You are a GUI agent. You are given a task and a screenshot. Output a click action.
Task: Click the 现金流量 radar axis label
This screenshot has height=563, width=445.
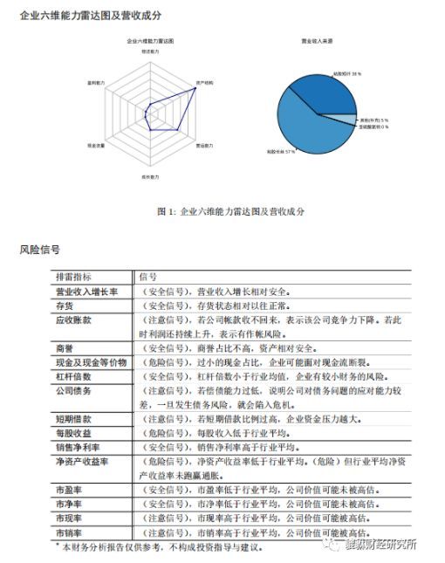pyautogui.click(x=96, y=145)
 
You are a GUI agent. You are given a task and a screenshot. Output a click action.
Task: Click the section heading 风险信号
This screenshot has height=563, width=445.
pyautogui.click(x=39, y=250)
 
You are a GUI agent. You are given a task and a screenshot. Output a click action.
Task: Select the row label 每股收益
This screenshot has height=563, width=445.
pyautogui.click(x=74, y=433)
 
